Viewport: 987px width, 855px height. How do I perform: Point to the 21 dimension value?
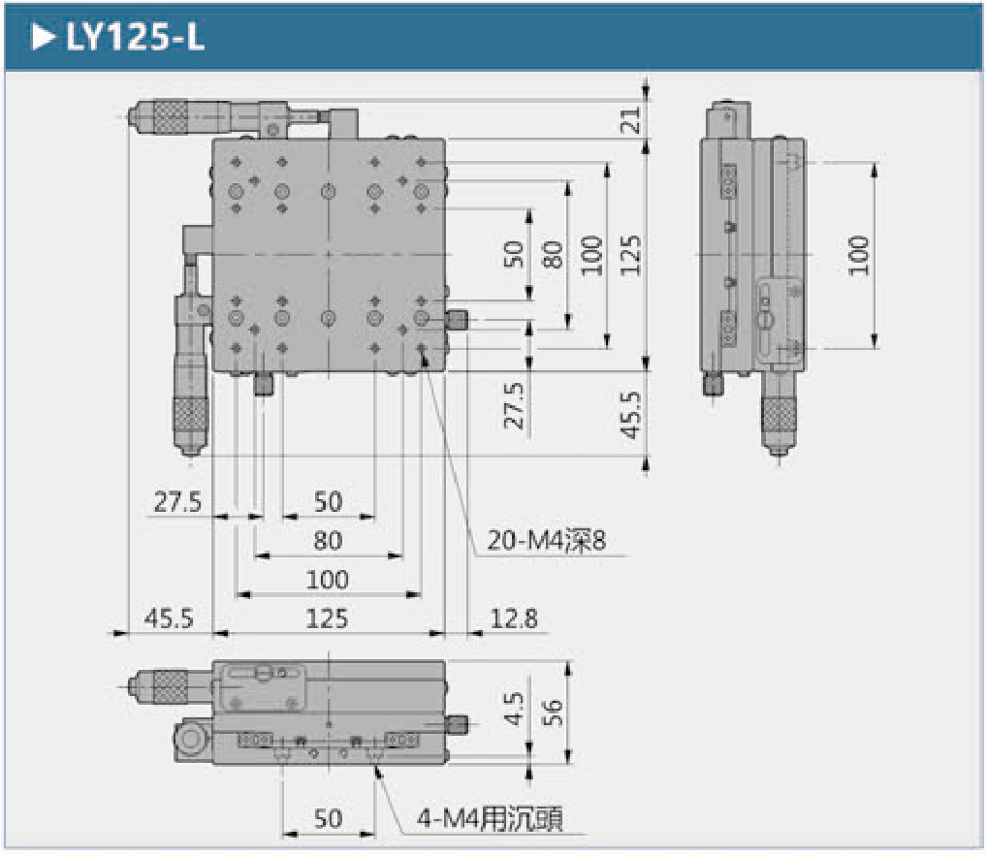coord(631,119)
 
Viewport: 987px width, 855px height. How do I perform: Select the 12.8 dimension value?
coord(514,618)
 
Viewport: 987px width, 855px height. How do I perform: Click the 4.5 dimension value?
coord(515,709)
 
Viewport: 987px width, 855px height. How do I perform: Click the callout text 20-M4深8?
coord(546,541)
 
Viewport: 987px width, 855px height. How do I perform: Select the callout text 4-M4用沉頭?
coord(490,819)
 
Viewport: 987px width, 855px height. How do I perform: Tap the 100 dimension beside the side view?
coord(858,255)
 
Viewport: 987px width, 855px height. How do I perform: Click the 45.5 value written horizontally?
coord(168,618)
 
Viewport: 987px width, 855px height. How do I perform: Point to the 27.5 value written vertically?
coord(515,405)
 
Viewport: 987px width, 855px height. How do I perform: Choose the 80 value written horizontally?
coord(328,540)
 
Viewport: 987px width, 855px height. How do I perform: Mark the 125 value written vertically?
coord(631,255)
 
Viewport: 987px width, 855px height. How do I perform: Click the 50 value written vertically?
coord(515,254)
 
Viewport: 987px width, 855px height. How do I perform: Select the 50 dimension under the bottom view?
coord(328,819)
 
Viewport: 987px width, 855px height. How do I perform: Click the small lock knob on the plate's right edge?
coord(457,319)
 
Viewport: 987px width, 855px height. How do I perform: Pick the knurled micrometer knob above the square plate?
coord(167,117)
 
